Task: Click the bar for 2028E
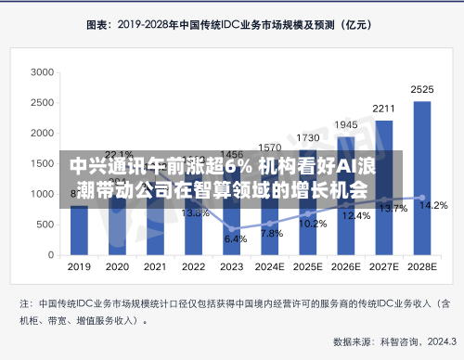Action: pos(421,177)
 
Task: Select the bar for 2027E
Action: pos(384,186)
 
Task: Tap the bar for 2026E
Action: pos(345,195)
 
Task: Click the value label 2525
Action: pos(422,90)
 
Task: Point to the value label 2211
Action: pos(384,109)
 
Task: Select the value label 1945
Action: pos(346,124)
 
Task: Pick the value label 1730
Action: pos(308,137)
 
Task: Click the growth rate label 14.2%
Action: pos(434,205)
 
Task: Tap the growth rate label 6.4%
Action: pos(236,238)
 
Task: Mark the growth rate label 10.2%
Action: pos(313,224)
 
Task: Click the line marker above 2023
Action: pos(231,228)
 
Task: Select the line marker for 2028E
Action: pos(422,198)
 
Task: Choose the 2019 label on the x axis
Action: pos(80,265)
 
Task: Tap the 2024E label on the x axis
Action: pos(270,265)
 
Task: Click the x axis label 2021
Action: pos(156,265)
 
